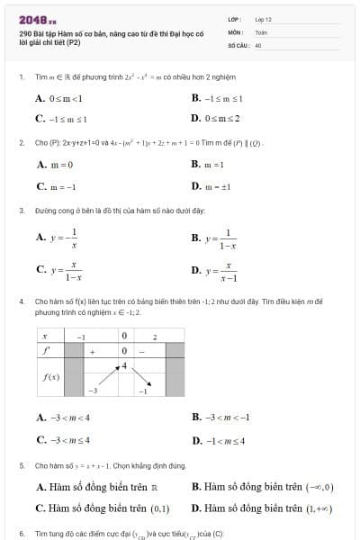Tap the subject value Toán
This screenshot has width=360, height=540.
261,31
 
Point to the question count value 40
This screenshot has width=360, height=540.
258,43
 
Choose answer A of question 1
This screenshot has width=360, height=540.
58,98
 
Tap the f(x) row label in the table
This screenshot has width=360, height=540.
50,377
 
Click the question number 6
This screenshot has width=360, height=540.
20,534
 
